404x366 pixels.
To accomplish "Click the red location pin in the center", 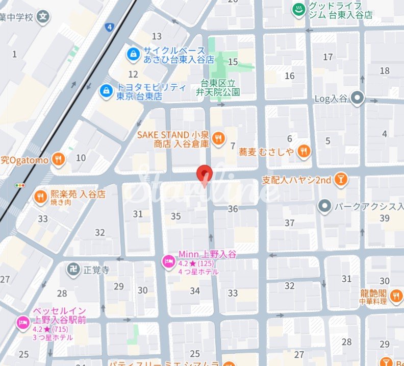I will tap(205, 174).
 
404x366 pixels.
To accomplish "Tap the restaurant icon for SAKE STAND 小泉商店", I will tap(218, 138).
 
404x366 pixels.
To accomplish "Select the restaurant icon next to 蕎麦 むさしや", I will tap(305, 151).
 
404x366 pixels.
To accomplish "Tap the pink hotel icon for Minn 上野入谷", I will tap(167, 262).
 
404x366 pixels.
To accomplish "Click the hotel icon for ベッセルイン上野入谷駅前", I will tap(22, 322).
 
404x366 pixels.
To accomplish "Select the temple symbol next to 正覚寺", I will tap(73, 269).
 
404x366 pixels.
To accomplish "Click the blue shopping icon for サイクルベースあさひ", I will tap(133, 54).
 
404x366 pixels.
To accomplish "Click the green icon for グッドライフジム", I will tap(298, 9).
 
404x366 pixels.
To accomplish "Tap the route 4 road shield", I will tap(109, 27).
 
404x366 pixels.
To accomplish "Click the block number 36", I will tap(233, 209).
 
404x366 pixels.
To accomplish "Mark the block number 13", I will tap(157, 36).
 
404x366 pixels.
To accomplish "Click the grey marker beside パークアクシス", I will tap(324, 206).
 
